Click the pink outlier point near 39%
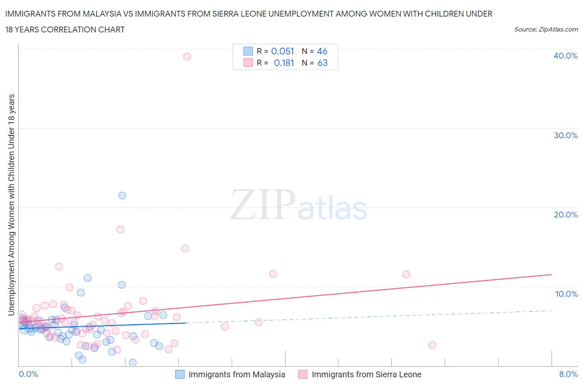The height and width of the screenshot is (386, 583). click(x=187, y=56)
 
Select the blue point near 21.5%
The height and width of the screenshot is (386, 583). click(x=122, y=195)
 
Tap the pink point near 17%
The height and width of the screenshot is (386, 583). click(x=120, y=229)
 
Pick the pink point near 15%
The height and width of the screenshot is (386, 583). click(x=185, y=249)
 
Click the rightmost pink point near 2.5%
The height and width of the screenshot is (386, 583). click(x=432, y=345)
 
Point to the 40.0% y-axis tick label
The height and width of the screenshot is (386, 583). click(x=566, y=56)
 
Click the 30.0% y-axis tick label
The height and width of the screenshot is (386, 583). click(x=566, y=135)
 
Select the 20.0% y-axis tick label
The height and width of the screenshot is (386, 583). click(x=566, y=215)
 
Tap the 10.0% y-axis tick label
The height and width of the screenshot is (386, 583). click(x=566, y=294)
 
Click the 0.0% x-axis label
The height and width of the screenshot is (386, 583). click(x=28, y=374)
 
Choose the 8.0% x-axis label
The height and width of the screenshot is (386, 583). click(x=568, y=374)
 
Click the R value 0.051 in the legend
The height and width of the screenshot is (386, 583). click(x=282, y=51)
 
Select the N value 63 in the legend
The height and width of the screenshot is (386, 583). click(x=322, y=63)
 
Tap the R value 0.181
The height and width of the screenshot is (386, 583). click(x=284, y=63)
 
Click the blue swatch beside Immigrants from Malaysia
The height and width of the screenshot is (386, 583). click(x=180, y=374)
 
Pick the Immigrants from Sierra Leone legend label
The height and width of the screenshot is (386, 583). click(x=366, y=374)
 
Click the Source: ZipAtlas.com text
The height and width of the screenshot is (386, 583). click(x=546, y=29)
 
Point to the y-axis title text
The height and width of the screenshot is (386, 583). click(x=12, y=205)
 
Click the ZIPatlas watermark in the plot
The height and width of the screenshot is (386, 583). click(x=299, y=205)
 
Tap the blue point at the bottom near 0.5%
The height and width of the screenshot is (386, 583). click(x=133, y=362)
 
